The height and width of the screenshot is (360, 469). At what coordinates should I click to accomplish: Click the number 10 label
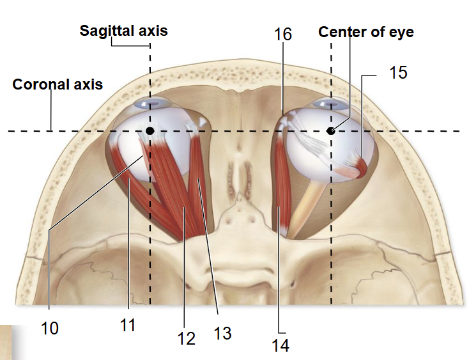pos(50,328)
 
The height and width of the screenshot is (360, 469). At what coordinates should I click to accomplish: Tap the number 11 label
pos(128,325)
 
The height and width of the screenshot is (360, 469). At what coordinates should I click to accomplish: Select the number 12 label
pos(187,338)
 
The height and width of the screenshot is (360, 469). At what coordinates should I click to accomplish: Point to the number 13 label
pos(222,333)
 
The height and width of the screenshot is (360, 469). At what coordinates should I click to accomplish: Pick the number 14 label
pos(281,346)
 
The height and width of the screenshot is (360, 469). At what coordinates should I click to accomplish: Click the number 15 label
pos(398,72)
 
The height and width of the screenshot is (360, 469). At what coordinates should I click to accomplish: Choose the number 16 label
pos(282,34)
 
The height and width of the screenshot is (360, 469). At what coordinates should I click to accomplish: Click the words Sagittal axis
pos(123,31)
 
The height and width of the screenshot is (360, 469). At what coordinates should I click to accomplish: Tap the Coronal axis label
pos(58,84)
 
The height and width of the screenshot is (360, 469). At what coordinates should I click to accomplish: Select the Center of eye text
pos(366,32)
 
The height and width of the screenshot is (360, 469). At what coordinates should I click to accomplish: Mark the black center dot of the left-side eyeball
pos(150,131)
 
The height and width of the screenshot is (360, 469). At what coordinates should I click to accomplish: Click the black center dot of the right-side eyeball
pos(330,131)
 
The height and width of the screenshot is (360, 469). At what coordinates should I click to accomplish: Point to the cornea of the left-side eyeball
pos(153,104)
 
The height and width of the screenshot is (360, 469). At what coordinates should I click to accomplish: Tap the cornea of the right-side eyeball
pos(330,104)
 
